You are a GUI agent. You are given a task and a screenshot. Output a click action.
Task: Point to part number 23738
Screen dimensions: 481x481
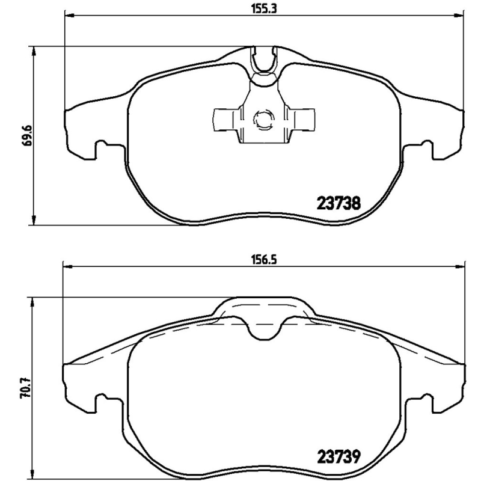338,203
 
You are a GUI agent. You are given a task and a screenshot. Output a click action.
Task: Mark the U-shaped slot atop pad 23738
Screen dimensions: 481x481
264,60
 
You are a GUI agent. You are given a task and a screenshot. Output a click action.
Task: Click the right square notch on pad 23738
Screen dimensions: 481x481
426,147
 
